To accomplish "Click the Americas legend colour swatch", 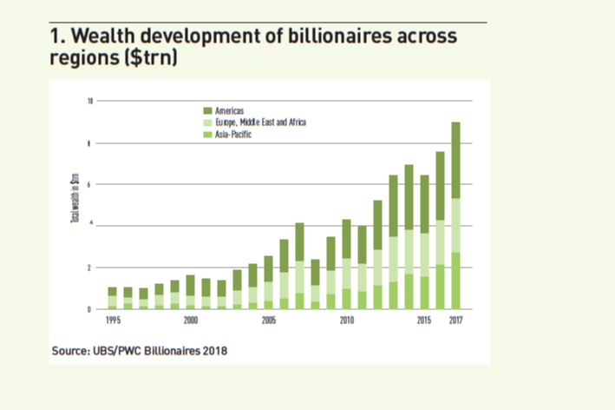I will pos(206,111).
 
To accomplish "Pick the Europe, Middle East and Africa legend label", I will pos(260,122).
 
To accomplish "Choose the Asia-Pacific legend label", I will pos(233,135).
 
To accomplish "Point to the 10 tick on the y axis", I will pos(89,102).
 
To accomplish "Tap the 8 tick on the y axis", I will pos(90,143).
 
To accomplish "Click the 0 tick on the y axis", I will pos(90,309).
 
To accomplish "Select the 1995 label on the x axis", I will pos(113,321).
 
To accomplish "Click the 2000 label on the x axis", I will pos(191,321).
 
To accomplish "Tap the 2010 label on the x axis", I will pos(347,321).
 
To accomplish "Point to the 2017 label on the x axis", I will pos(455,321).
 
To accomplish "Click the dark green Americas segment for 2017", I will pos(455,161).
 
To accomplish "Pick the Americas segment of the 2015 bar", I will pos(424,204).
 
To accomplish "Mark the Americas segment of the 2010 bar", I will pos(346,239).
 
